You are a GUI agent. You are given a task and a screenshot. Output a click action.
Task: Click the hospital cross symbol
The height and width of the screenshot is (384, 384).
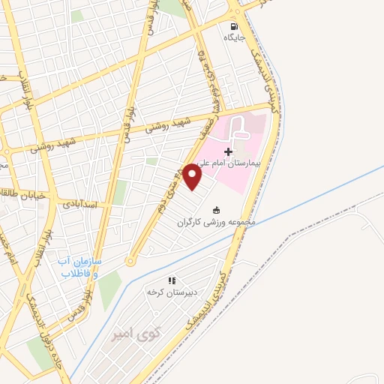[229, 151]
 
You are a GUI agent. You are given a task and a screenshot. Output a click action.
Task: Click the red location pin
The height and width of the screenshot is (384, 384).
[193, 178]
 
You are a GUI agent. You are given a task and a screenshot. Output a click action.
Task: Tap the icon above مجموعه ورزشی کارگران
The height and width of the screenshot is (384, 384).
[217, 210]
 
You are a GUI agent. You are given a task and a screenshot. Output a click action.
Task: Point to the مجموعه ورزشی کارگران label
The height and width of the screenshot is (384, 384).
[217, 223]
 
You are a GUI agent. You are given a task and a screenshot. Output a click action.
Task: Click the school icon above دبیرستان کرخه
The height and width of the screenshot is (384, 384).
[172, 280]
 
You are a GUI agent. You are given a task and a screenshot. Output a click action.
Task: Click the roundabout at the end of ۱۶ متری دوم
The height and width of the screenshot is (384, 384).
[130, 262]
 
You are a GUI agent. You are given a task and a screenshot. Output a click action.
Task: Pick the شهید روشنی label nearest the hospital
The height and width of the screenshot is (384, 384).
[169, 125]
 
